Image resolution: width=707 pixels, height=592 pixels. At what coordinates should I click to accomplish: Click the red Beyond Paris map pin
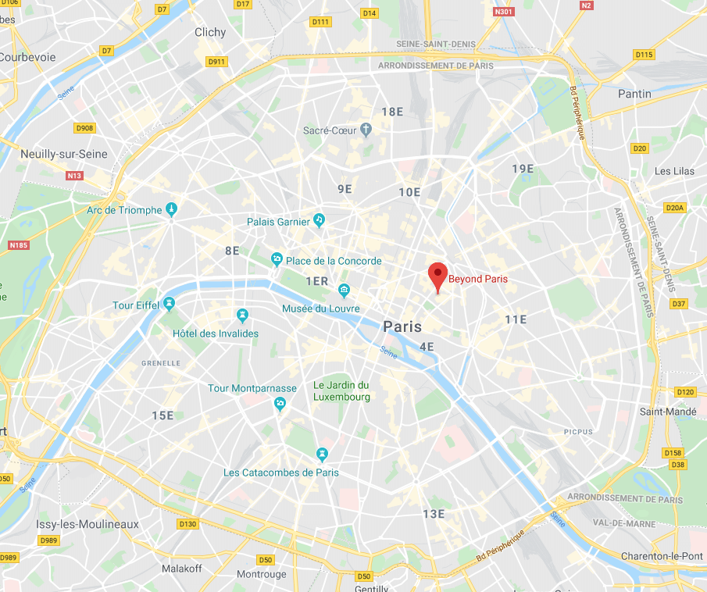coord(438,276)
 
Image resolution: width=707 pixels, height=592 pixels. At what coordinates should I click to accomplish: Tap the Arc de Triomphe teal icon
coord(172,209)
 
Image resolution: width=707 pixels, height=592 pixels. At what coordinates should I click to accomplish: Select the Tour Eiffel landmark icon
coord(169,304)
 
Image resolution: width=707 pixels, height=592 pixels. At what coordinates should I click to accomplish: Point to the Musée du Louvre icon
coord(345,291)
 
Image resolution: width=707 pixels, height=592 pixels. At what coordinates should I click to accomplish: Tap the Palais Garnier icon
coord(319,221)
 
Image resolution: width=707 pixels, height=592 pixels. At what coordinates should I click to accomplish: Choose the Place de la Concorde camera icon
coord(276,259)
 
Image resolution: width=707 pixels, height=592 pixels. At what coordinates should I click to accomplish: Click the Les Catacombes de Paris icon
coord(322,455)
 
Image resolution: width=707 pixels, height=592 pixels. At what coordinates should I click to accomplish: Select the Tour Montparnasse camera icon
coord(280,403)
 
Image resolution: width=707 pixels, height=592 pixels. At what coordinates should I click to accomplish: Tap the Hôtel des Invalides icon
coord(242,316)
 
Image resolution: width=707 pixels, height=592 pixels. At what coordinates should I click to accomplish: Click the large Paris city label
coord(402,326)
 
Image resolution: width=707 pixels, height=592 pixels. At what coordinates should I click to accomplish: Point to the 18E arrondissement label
coord(392,112)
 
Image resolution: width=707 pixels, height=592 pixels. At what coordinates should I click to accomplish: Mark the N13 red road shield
coord(74,176)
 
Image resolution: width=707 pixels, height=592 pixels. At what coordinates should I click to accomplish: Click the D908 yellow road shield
coord(84,128)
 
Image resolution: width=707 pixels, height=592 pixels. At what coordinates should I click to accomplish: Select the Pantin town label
coord(634,94)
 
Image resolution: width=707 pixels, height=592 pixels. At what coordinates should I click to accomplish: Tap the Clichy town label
coord(209,32)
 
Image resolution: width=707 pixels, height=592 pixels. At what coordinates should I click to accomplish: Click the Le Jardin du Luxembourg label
coord(341,391)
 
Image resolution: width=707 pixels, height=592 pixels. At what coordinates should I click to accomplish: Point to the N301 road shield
coord(504,12)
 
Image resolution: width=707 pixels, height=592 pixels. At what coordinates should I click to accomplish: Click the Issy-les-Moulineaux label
coord(87,524)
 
